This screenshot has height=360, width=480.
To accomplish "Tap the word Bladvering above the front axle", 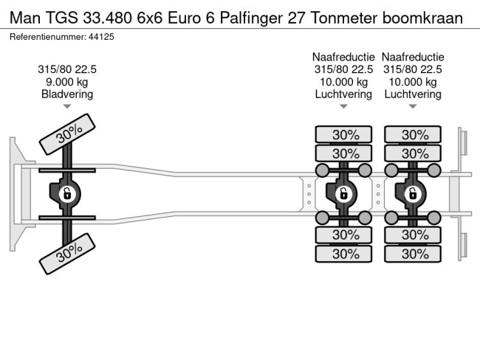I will [67, 94].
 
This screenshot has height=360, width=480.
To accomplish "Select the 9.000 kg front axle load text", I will [67, 82].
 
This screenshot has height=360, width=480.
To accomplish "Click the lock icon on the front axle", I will [66, 194].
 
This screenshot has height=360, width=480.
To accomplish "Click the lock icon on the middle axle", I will [343, 194].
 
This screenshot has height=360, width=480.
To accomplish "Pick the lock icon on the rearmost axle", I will [413, 194].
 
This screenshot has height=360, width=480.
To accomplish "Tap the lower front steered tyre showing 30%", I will [68, 253].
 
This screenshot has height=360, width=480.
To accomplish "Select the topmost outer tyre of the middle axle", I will [344, 134].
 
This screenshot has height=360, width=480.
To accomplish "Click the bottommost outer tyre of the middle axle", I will [344, 253].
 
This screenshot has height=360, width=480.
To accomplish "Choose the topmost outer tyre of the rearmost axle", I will [414, 134].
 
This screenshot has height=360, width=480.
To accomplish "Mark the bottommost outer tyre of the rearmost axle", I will [414, 253].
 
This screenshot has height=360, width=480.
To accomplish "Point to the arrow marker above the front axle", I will [67, 107].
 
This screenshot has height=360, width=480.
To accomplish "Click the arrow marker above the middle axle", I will [343, 107].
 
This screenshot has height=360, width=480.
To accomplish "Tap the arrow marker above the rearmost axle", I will [413, 107].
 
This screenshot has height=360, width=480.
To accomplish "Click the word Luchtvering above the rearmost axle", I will [413, 94].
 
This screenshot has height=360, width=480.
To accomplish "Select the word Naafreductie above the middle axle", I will [343, 57].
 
